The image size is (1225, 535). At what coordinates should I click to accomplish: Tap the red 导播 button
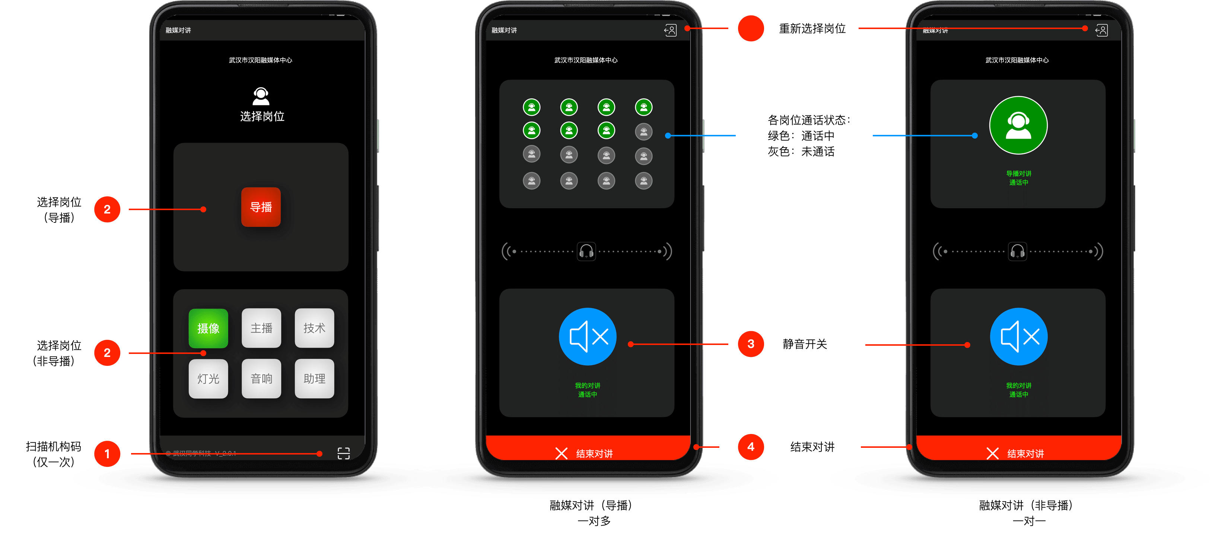261,207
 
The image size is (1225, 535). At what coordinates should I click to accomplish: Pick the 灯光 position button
208,379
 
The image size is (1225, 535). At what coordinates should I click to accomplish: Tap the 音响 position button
261,379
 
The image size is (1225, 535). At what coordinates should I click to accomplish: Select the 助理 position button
314,379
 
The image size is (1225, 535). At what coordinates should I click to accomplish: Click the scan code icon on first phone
343,453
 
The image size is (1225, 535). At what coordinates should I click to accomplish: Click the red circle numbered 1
107,454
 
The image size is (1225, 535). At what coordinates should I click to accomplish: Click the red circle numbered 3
750,344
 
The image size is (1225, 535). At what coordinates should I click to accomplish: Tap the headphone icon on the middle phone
586,251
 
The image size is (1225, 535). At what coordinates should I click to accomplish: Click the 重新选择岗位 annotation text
812,29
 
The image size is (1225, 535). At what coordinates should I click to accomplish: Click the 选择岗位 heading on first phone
262,117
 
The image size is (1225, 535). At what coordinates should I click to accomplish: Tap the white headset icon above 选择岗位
261,96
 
